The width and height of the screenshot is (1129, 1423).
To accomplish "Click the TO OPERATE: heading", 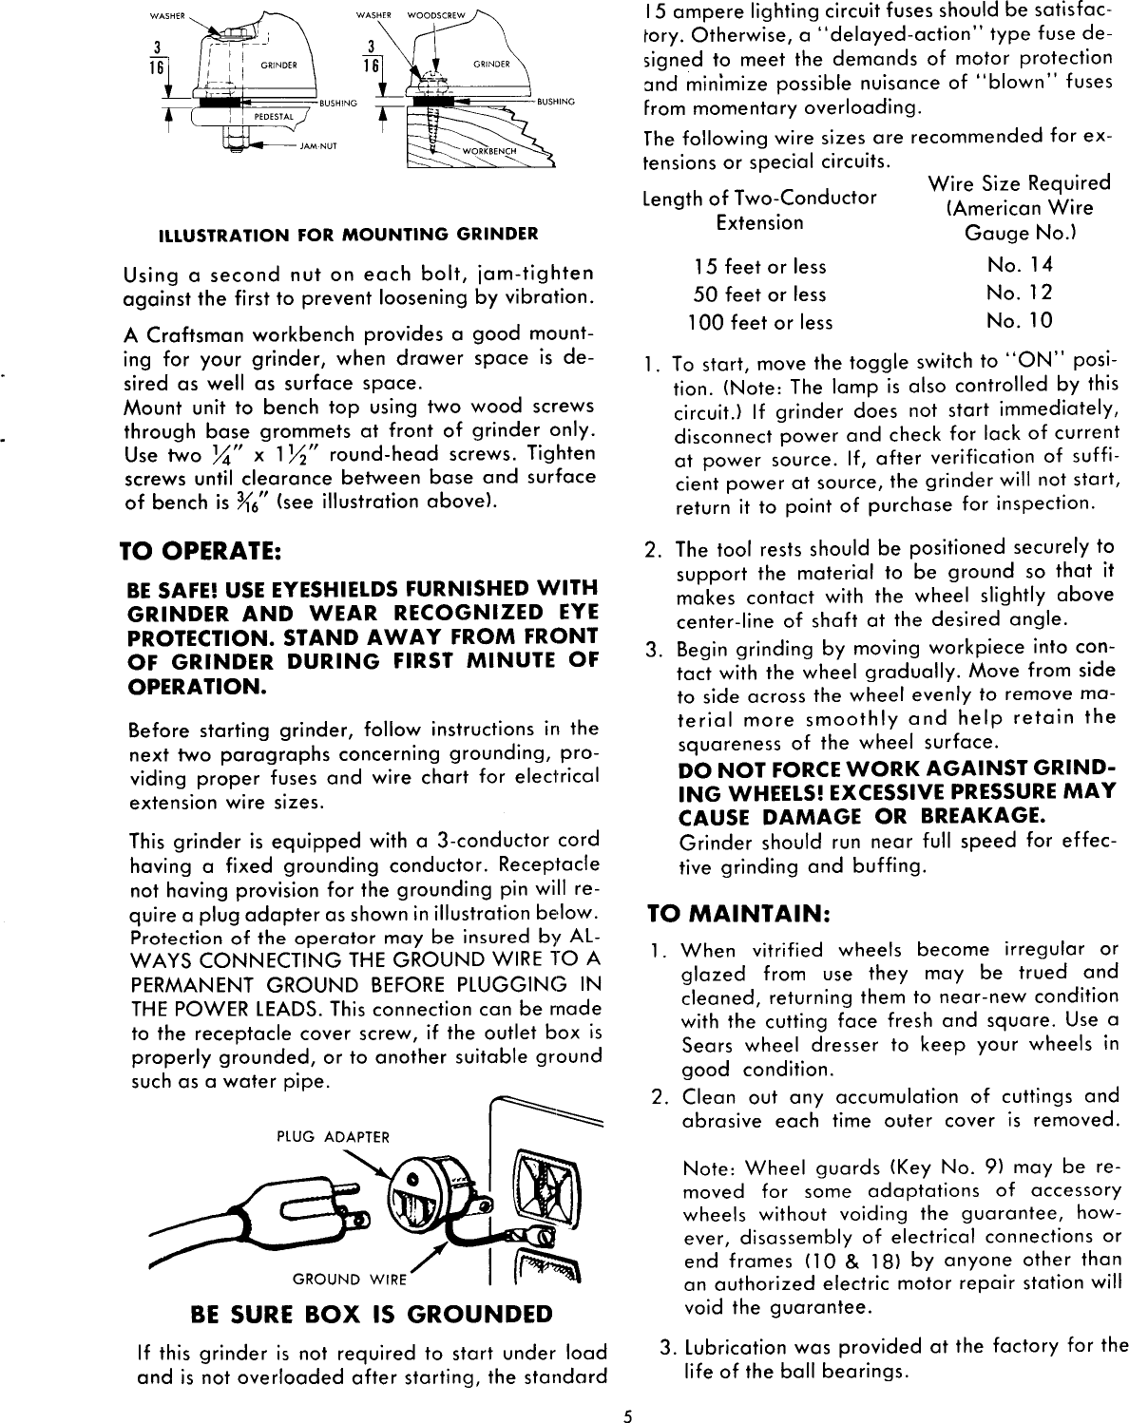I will point(198,551).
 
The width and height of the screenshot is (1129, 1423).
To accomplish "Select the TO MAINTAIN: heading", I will point(738,914).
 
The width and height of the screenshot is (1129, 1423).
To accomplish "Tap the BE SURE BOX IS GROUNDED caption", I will point(371,1314).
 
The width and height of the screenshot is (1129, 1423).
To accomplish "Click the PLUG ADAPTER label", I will point(333,1136).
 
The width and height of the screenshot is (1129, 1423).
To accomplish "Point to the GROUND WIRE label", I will point(349,1279).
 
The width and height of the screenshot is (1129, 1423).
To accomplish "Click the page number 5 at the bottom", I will point(627,1412).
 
